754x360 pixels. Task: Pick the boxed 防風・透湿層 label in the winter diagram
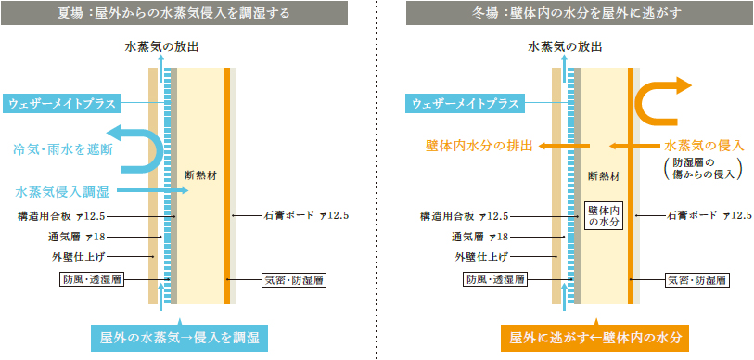[x=497, y=278]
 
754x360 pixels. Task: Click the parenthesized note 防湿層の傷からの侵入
[x=697, y=168]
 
